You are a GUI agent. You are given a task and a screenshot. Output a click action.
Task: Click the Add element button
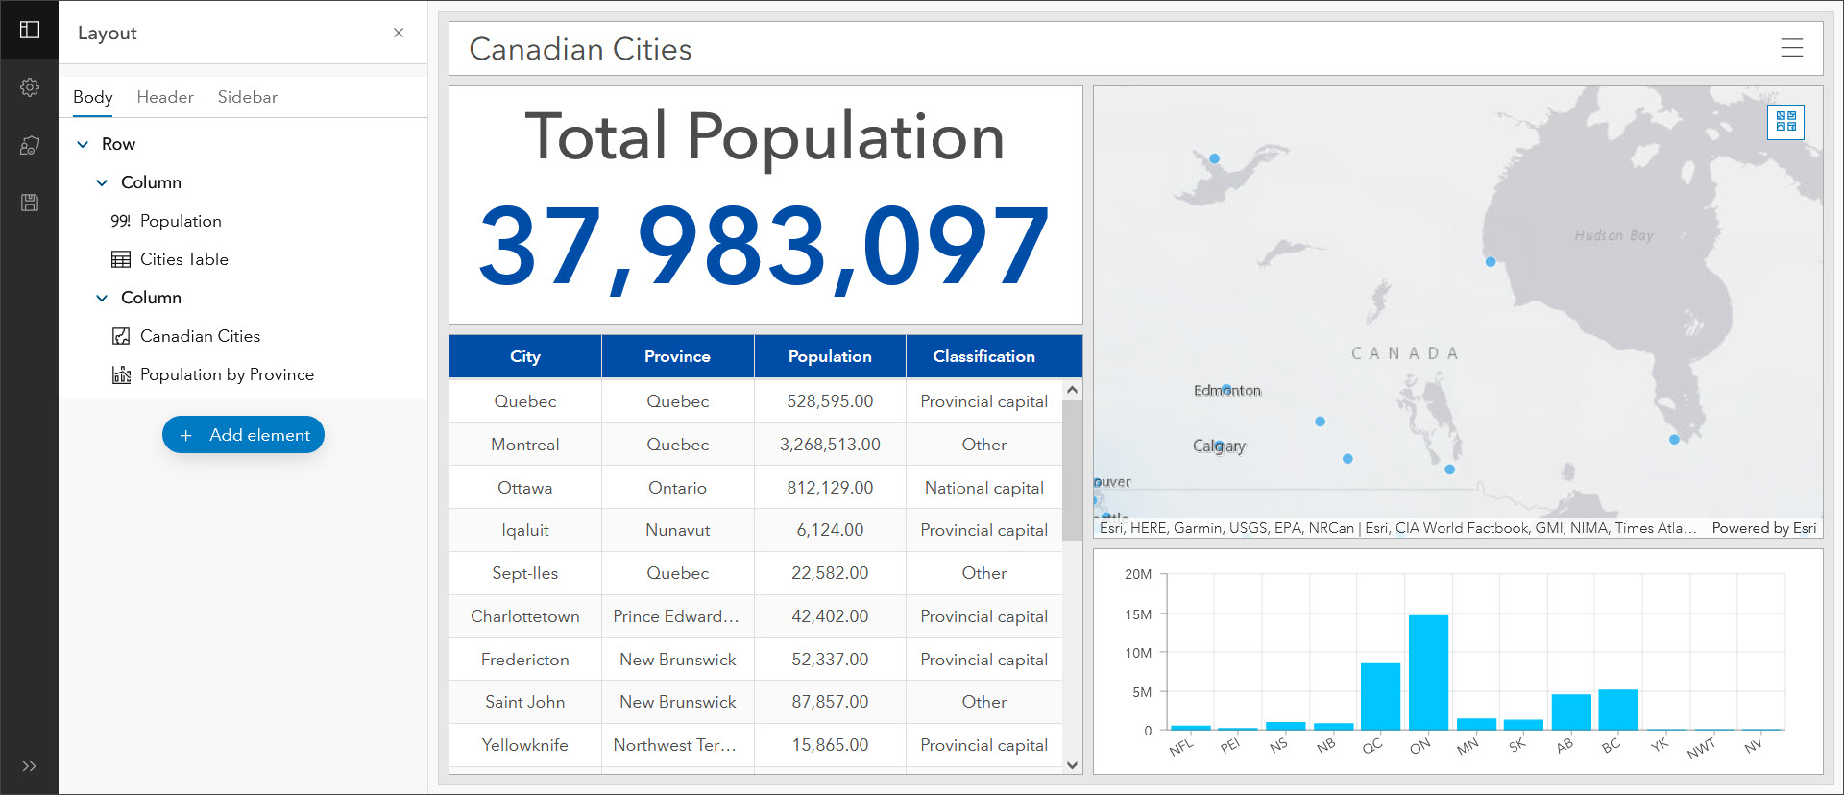[243, 435]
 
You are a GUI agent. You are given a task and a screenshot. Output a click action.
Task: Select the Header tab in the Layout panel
[165, 97]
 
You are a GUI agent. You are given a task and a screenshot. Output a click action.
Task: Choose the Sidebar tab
[247, 97]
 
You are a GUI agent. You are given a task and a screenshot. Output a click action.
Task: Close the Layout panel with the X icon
[399, 33]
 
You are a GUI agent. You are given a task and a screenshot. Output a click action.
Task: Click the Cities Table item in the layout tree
[183, 259]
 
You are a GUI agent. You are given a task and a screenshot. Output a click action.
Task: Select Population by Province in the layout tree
[227, 374]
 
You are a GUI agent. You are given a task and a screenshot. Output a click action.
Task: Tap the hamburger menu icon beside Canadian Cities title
[1791, 48]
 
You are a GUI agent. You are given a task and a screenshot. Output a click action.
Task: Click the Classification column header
[983, 356]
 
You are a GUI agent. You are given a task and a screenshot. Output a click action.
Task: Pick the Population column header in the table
[830, 356]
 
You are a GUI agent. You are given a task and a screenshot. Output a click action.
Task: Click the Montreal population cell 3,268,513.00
[830, 445]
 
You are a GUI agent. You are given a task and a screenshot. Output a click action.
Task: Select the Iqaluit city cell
[525, 530]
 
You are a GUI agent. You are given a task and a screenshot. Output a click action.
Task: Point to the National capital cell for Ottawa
[983, 488]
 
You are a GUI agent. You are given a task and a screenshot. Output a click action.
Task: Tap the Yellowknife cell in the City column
[525, 745]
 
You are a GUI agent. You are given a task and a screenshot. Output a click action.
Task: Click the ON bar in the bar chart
[1428, 673]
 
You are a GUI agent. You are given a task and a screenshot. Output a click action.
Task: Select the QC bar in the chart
[1380, 696]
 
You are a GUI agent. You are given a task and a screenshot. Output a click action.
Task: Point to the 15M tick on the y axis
[1138, 614]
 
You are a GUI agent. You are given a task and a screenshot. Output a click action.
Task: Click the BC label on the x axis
[1611, 746]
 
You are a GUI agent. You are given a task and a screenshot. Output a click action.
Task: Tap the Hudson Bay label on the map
[1613, 236]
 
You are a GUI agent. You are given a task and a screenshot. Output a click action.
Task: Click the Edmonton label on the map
[1227, 391]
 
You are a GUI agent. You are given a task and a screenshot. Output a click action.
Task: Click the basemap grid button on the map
[1785, 122]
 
